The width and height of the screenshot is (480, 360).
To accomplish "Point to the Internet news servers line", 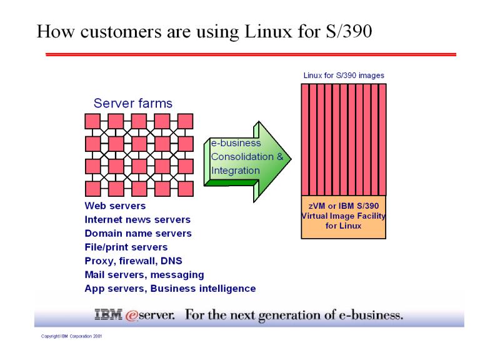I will pyautogui.click(x=137, y=219).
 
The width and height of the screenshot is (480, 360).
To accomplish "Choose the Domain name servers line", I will pyautogui.click(x=138, y=233).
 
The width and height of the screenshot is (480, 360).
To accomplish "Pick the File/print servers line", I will pyautogui.click(x=126, y=247).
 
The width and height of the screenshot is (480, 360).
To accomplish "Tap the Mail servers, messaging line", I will pyautogui.click(x=144, y=274).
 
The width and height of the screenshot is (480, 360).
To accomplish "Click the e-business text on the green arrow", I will pyautogui.click(x=236, y=143).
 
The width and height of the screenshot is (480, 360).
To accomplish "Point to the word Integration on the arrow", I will pyautogui.click(x=235, y=170).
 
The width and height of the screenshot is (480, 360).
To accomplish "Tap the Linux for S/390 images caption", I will pyautogui.click(x=344, y=76).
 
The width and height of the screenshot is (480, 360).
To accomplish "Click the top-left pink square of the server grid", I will pyautogui.click(x=92, y=120).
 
